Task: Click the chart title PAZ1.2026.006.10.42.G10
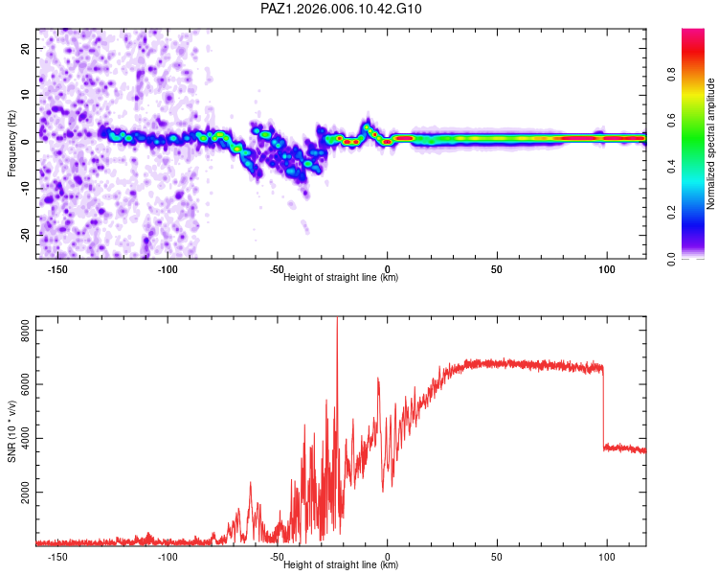(x=342, y=9)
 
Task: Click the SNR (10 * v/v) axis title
(x=11, y=430)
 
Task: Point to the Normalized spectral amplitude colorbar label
(x=711, y=144)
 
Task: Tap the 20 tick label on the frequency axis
(x=26, y=48)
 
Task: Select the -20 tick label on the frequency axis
(x=23, y=235)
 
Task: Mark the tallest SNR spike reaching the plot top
(x=337, y=321)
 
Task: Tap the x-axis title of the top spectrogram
(x=341, y=278)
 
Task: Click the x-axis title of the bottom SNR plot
(x=341, y=565)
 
